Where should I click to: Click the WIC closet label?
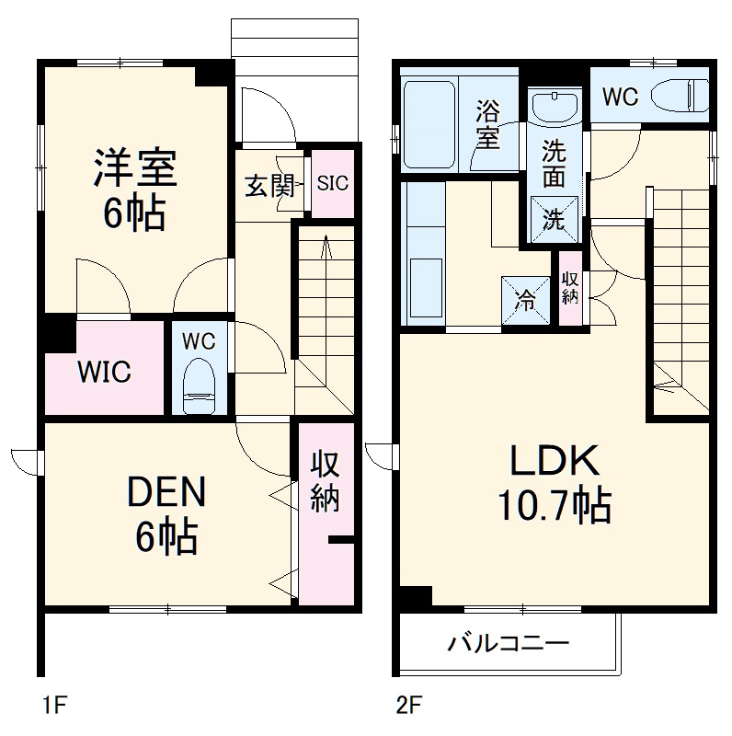[x=104, y=373]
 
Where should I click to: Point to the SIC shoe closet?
[x=333, y=183]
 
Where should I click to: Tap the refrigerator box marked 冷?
[x=524, y=300]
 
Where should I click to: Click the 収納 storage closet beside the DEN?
[x=325, y=483]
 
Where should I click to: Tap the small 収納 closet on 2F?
[x=570, y=288]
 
